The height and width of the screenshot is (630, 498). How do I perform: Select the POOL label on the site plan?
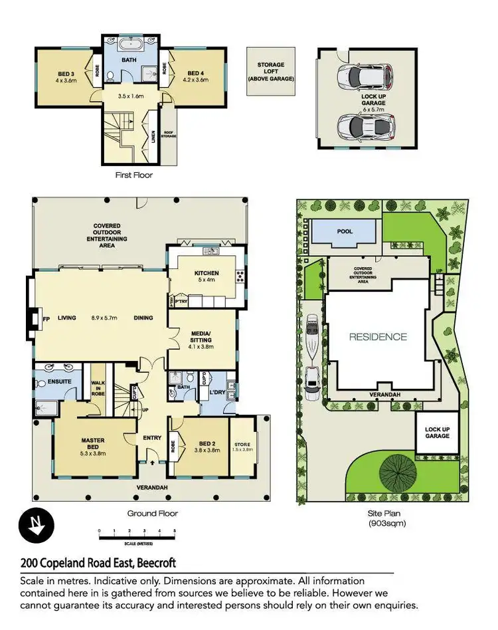click(x=345, y=231)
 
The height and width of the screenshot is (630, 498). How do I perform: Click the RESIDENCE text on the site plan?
click(x=378, y=337)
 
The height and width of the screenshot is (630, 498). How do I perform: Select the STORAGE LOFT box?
click(x=270, y=71)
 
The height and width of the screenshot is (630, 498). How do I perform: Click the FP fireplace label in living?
click(x=46, y=318)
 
